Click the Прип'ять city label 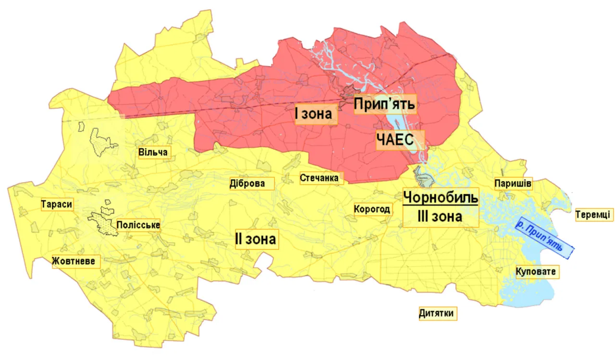tap(384, 104)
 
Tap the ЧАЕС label tap(400, 140)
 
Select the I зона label tap(313, 115)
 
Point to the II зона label tap(256, 239)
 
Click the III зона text tap(440, 217)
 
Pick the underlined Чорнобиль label tap(441, 197)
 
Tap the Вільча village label tap(153, 153)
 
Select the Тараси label tap(57, 204)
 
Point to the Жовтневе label tap(77, 261)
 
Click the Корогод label tap(372, 210)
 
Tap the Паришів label tap(513, 184)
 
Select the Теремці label tap(593, 214)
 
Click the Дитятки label tap(436, 313)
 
